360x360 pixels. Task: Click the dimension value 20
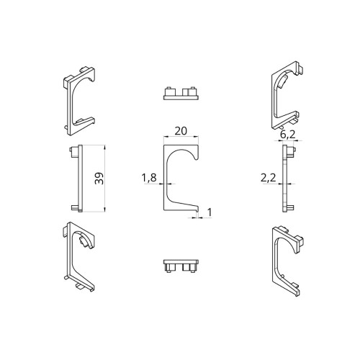tap(181, 131)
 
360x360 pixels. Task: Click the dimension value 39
tap(99, 179)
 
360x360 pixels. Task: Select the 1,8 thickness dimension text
tap(149, 178)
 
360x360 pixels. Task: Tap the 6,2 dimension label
tap(288, 135)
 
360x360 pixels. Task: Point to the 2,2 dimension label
tap(269, 178)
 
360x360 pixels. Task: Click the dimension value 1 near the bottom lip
tap(210, 212)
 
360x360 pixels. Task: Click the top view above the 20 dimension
tap(181, 93)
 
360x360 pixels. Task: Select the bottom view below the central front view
tap(181, 266)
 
